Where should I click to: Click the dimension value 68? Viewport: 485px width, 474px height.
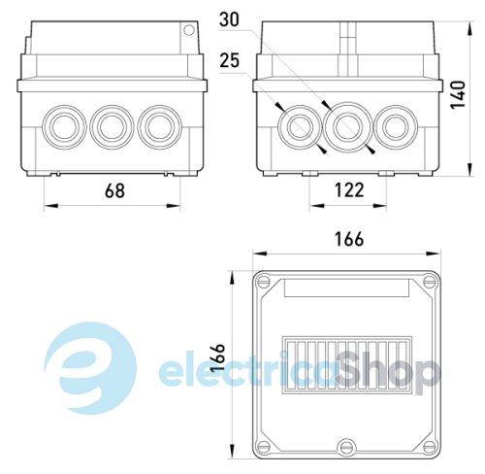coord(114,190)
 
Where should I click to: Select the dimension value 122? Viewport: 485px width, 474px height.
coord(349,190)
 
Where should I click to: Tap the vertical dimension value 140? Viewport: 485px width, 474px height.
coord(458,95)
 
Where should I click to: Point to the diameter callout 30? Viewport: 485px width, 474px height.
coord(229,19)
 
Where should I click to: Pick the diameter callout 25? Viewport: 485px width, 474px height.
coord(229,60)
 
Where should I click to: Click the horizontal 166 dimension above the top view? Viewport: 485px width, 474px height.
coord(349,239)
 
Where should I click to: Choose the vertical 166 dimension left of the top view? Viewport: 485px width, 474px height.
coord(217,357)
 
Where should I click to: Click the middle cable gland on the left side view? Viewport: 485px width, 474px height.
coord(112,126)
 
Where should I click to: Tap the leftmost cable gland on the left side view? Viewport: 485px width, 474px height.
coord(64,126)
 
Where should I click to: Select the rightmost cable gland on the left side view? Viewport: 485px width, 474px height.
coord(160,126)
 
